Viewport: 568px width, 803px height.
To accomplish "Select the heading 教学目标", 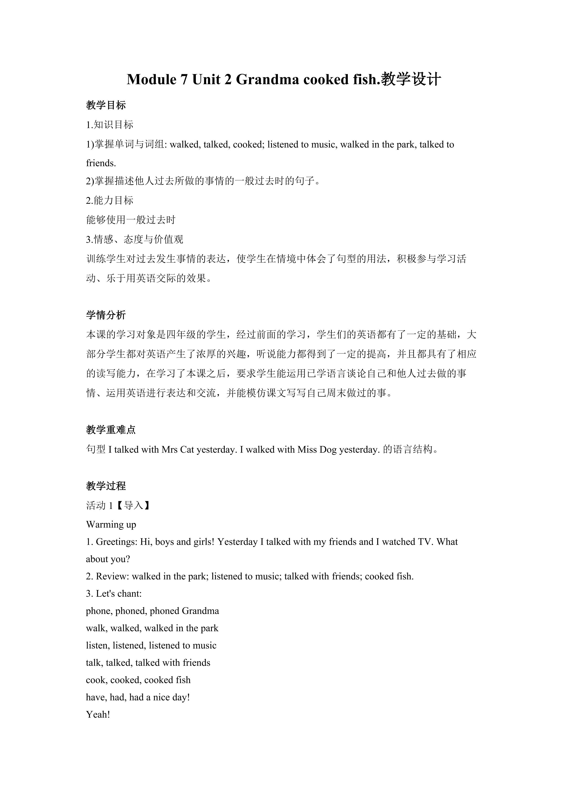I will point(106,105).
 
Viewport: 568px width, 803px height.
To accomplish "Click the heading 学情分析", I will point(106,315).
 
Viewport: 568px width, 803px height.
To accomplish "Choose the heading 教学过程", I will point(106,486).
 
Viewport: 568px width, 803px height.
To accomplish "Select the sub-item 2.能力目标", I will point(109,200).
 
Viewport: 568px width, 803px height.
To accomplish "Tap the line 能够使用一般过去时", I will point(131,220).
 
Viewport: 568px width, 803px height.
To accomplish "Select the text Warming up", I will point(111,525).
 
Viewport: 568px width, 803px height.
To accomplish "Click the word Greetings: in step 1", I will point(117,542).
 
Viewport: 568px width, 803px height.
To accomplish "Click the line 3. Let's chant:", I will point(114,594).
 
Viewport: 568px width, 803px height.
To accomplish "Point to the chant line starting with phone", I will point(152,611).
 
